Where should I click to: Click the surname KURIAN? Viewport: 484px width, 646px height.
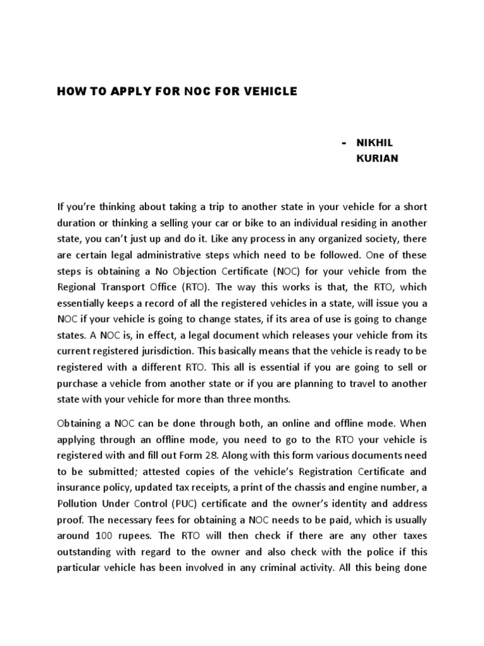pyautogui.click(x=377, y=158)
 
